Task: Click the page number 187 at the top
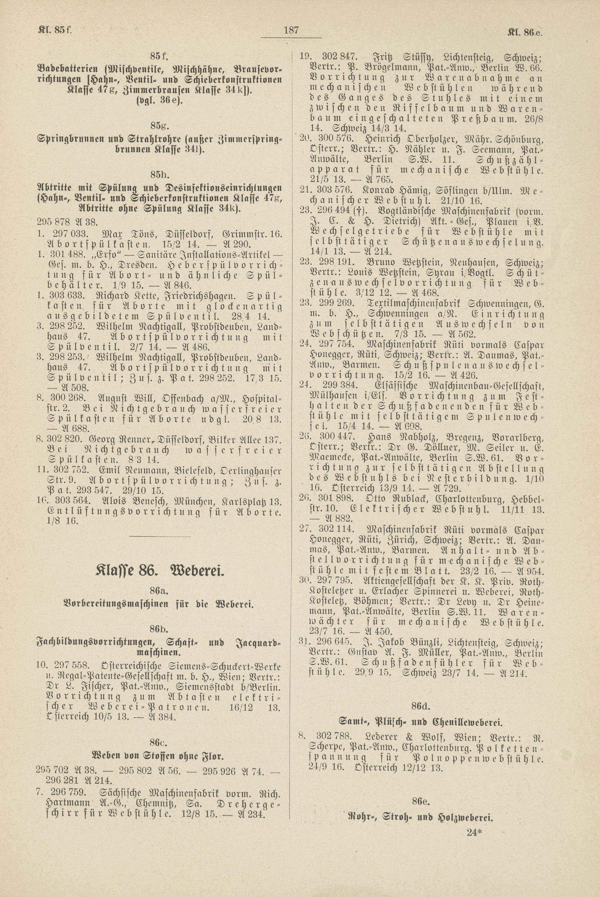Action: point(291,30)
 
